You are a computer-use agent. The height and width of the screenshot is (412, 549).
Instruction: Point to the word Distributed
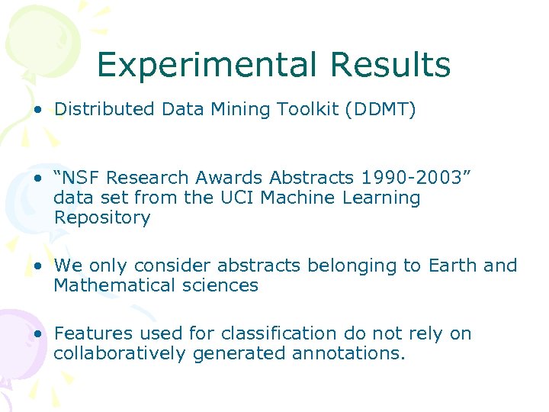coord(105,110)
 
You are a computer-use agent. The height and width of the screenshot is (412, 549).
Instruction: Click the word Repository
coord(102,217)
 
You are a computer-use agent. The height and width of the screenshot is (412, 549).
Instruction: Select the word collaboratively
coord(120,353)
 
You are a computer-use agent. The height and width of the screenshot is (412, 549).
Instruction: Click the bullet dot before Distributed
coord(37,110)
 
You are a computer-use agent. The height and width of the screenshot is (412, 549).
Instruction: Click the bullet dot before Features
coord(37,333)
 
